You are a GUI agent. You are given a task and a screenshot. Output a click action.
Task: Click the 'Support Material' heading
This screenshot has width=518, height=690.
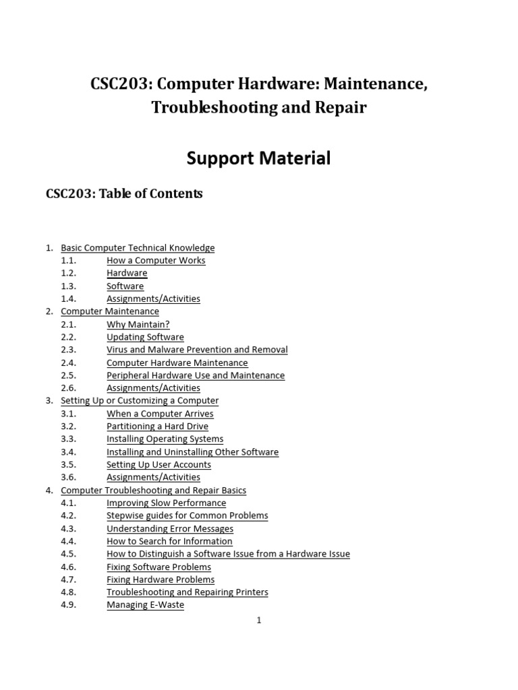pyautogui.click(x=259, y=158)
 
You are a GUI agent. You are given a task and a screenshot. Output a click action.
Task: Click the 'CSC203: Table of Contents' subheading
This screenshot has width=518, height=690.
pyautogui.click(x=124, y=194)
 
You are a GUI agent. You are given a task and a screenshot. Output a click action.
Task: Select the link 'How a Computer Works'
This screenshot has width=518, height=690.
pyautogui.click(x=156, y=260)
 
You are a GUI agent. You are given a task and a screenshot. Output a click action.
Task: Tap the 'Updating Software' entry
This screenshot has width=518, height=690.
pyautogui.click(x=145, y=337)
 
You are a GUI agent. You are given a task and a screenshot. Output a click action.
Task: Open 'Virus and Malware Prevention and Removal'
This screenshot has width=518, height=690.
pyautogui.click(x=197, y=350)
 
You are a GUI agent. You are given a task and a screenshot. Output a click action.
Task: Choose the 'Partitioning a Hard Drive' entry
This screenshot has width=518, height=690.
pyautogui.click(x=157, y=427)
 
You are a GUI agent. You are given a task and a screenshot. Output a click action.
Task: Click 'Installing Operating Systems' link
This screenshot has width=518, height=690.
pyautogui.click(x=165, y=439)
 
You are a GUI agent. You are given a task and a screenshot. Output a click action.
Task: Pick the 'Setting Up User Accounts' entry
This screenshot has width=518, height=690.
pyautogui.click(x=159, y=465)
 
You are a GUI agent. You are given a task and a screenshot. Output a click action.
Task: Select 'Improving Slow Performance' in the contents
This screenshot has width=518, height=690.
pyautogui.click(x=166, y=503)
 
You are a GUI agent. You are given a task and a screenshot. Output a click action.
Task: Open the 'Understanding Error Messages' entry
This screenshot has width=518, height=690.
pyautogui.click(x=170, y=529)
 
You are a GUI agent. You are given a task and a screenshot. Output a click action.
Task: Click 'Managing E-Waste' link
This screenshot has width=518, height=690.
pyautogui.click(x=145, y=605)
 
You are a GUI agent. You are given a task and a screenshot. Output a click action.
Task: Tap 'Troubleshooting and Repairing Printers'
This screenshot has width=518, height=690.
pyautogui.click(x=188, y=592)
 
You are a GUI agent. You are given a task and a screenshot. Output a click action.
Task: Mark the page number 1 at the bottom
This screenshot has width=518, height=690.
pyautogui.click(x=259, y=621)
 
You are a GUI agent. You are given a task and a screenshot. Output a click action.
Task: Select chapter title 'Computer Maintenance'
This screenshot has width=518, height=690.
pyautogui.click(x=110, y=311)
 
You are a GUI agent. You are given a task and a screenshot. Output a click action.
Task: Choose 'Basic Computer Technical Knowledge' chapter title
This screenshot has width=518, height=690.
pyautogui.click(x=138, y=248)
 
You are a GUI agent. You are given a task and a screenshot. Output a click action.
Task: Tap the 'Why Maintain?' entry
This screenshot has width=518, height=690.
pyautogui.click(x=138, y=324)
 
